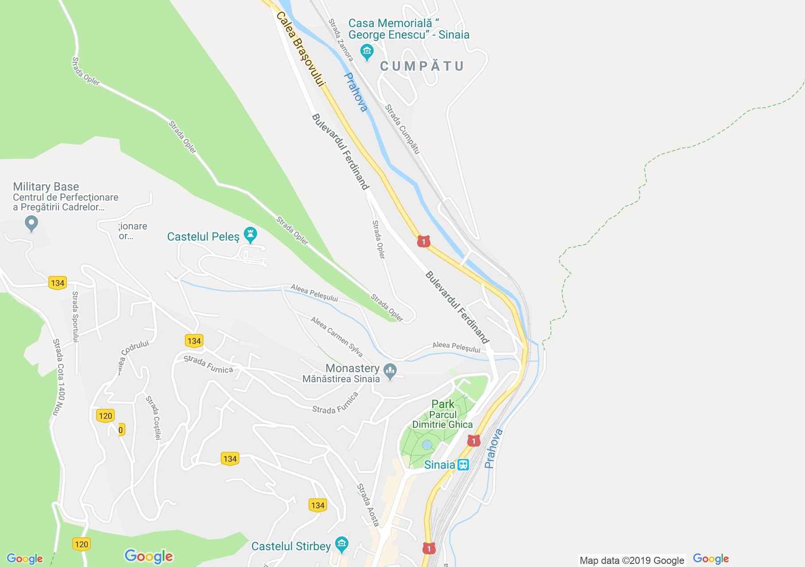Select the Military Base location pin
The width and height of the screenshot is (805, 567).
(31, 223)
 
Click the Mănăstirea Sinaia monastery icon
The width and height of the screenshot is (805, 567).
(390, 371)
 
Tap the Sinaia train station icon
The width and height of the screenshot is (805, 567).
(463, 464)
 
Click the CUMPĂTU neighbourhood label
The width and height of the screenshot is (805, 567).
(422, 66)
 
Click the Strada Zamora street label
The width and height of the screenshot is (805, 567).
(341, 40)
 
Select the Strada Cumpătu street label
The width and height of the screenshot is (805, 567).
(402, 129)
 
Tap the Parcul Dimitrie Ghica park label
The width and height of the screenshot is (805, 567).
(442, 419)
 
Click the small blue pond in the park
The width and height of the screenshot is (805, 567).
(426, 444)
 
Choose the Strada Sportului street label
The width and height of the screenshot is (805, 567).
(75, 317)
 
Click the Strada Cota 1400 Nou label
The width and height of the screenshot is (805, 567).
(58, 377)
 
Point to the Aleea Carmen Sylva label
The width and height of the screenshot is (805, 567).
(336, 337)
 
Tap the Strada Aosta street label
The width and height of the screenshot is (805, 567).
(368, 505)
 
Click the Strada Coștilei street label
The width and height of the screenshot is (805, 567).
(153, 418)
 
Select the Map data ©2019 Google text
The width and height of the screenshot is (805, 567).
(632, 560)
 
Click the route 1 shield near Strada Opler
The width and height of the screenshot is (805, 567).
(423, 241)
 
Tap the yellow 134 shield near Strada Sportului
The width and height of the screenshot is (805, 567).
(58, 283)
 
